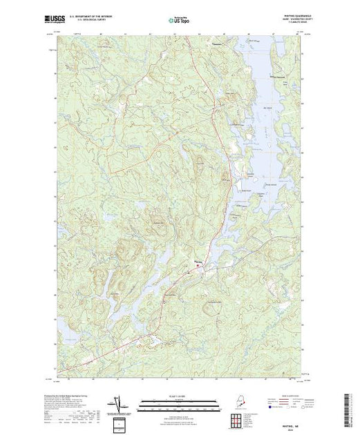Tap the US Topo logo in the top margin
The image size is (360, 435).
[180, 20]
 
